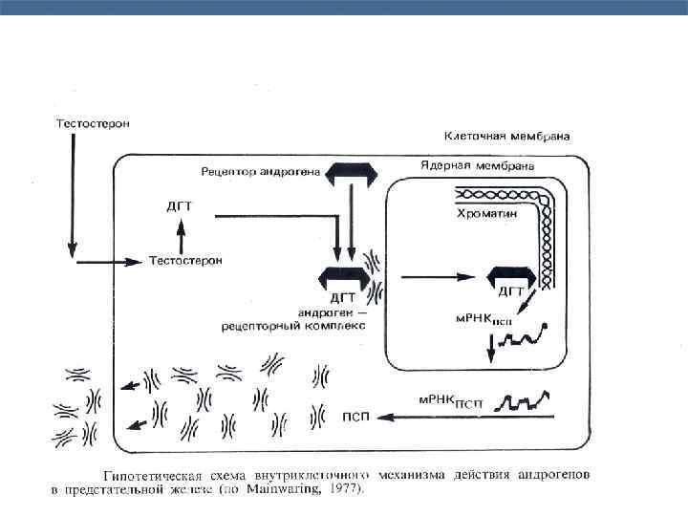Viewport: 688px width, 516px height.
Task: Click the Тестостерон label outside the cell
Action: pyautogui.click(x=92, y=123)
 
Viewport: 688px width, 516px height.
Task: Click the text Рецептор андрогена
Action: pyautogui.click(x=260, y=172)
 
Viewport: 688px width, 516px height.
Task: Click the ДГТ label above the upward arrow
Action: pyautogui.click(x=181, y=205)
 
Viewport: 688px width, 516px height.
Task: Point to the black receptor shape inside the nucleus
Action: pyautogui.click(x=509, y=274)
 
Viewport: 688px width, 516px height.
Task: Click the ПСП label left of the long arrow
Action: pyautogui.click(x=356, y=416)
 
